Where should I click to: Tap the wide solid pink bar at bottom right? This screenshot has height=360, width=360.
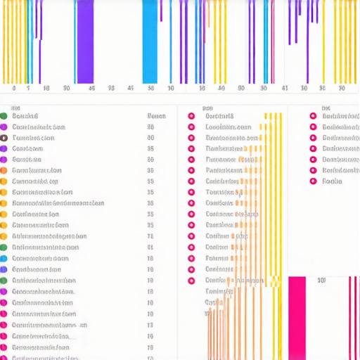[297, 316]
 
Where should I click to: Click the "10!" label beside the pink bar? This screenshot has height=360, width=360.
[321, 281]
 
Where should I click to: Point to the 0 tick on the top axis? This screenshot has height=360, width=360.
[13, 89]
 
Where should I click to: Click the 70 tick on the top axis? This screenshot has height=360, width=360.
[342, 89]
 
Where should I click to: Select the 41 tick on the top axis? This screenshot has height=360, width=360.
[285, 89]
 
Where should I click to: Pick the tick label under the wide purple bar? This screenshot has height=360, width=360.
[91, 89]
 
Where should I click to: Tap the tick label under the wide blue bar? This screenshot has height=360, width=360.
[150, 89]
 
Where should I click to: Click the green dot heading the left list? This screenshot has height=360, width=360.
[4, 116]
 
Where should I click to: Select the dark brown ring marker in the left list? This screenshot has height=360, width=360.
[4, 138]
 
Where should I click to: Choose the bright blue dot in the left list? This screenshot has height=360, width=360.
[4, 269]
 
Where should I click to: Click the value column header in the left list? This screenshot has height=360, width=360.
[155, 116]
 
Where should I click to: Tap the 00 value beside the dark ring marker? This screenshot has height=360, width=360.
[150, 138]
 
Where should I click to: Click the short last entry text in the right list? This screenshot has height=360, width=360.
[331, 181]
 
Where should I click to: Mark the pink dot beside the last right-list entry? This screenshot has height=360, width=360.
[313, 181]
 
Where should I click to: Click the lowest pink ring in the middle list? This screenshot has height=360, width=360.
[191, 280]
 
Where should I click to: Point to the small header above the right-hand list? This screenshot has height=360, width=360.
[326, 109]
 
